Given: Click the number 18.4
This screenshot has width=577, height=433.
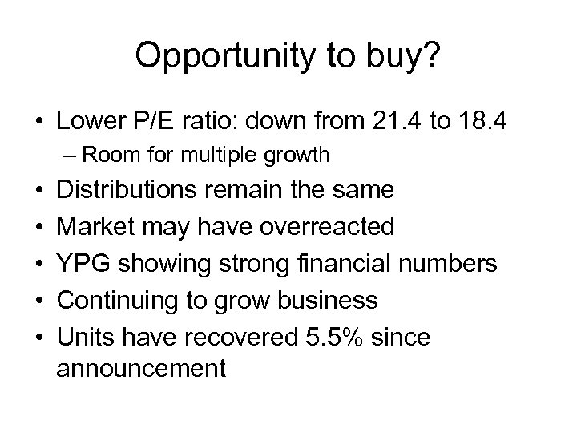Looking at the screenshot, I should (486, 122).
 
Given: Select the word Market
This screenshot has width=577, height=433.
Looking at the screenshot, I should (93, 227).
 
